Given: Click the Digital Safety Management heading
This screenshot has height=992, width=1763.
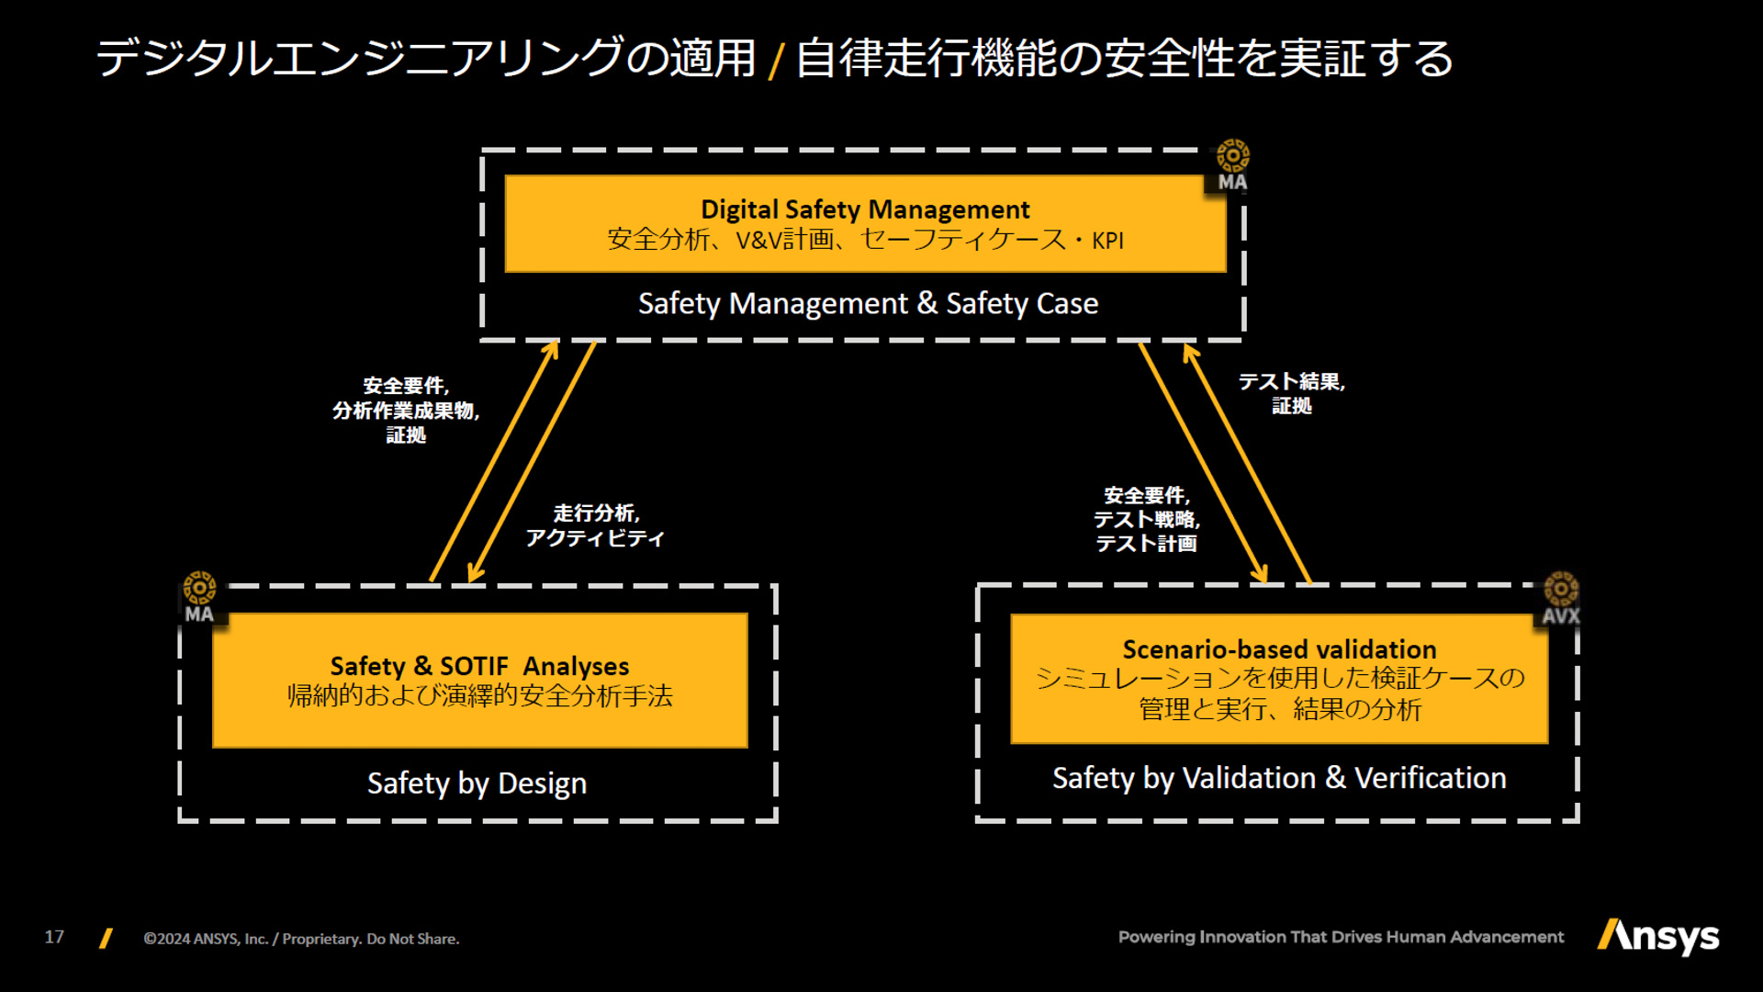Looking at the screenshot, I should [x=865, y=209].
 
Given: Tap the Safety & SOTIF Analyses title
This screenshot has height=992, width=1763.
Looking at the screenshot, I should [x=479, y=665].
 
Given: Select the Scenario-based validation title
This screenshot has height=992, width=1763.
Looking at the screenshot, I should [x=1279, y=649].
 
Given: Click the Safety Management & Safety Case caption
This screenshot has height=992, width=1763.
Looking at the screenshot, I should [x=868, y=304].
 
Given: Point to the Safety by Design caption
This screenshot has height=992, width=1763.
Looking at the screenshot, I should [x=477, y=783].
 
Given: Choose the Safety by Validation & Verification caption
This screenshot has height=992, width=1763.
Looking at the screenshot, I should [x=1279, y=778].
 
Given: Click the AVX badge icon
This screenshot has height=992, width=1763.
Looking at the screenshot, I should [x=1560, y=599].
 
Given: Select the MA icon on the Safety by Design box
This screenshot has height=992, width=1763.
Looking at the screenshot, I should [x=199, y=598].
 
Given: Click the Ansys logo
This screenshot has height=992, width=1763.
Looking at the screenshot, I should [x=1658, y=937].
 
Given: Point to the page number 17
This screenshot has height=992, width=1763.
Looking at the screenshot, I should [x=54, y=937].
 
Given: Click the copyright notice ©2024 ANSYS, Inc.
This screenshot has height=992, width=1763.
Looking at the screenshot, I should [x=301, y=939].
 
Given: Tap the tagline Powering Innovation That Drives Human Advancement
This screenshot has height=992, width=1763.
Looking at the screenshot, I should [x=1341, y=937].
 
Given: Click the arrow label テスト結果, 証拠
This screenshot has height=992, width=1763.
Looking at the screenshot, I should [x=1291, y=393].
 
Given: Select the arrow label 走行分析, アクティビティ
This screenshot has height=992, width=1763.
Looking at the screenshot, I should [x=595, y=525].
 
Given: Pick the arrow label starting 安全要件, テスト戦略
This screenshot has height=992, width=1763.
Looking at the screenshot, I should [x=1147, y=519].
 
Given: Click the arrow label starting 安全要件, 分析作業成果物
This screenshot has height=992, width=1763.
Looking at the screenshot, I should [x=406, y=410].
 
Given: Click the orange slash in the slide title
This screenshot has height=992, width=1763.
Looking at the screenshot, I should [x=776, y=61].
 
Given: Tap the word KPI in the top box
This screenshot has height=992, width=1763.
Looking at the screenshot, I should [x=1107, y=241].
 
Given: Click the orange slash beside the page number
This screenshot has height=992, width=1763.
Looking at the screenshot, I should [x=106, y=938].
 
